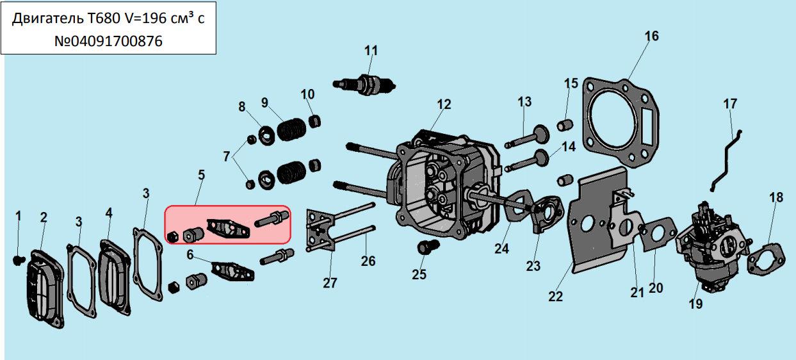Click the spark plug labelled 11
coord(365,84)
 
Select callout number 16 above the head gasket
coord(651,36)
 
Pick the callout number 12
coord(444,104)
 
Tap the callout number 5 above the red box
coord(201,174)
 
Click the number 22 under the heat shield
coord(555,296)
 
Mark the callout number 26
coord(368,261)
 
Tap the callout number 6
coord(190,254)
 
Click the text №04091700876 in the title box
coord(108,42)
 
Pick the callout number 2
coord(44,217)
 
